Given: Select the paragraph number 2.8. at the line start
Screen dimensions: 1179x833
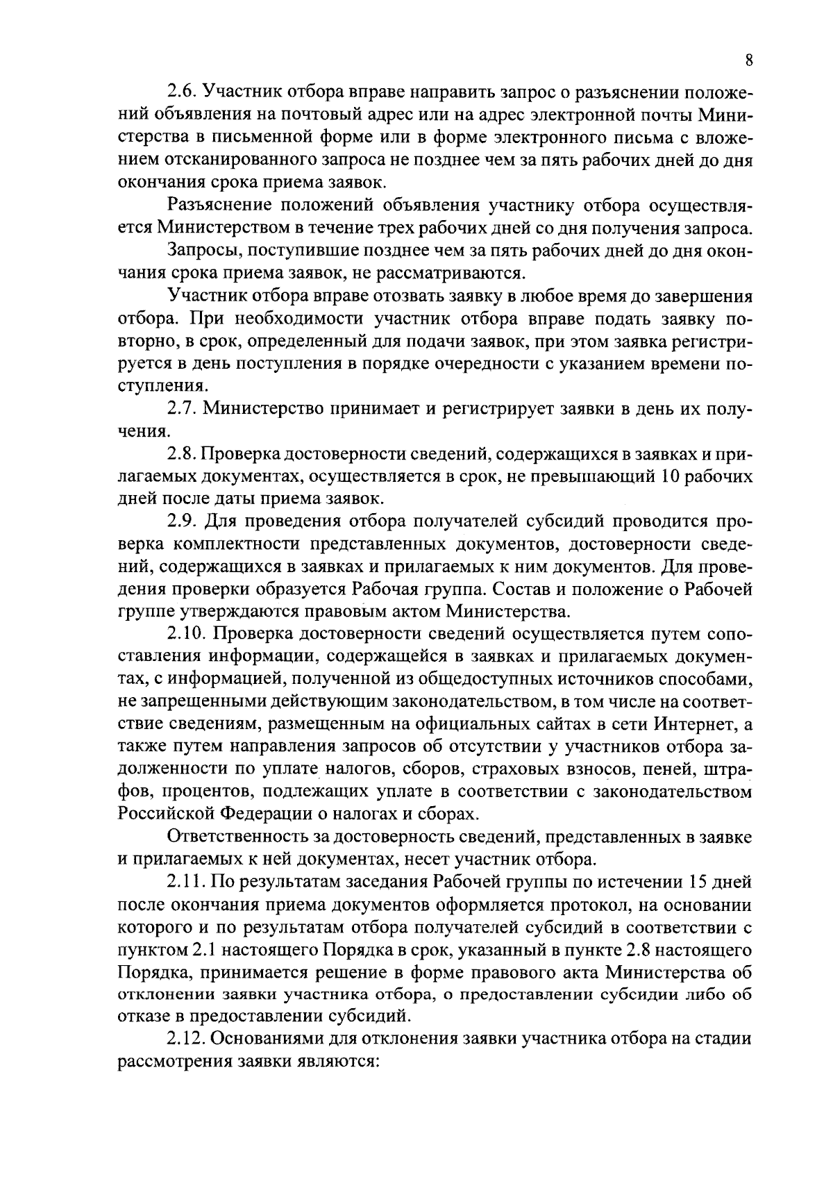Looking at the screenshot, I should click(185, 454).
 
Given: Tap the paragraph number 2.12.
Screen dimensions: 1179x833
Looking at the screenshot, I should click(188, 1039).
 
